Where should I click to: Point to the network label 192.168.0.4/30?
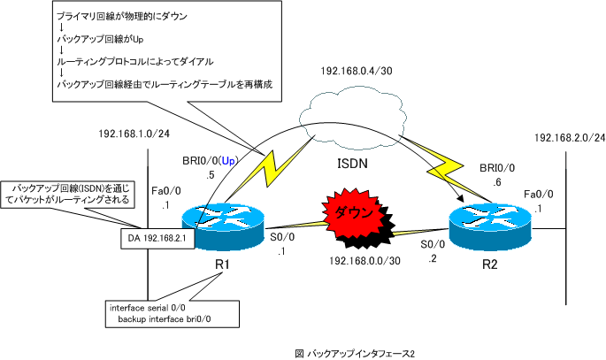coord(352,73)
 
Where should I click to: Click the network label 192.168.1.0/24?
coord(134,134)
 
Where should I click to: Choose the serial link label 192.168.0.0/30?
coord(364,262)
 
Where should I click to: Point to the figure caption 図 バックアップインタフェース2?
coord(354,352)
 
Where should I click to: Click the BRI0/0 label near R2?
coord(494,165)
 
